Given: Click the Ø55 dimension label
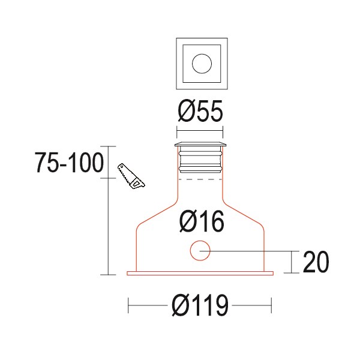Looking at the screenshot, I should click(200, 112).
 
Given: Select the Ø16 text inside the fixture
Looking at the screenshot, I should click(201, 222).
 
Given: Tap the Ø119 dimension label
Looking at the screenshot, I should click(200, 307).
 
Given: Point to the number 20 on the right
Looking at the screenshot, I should click(316, 262).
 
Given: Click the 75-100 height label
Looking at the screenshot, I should click(70, 163).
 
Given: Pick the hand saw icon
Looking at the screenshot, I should click(131, 176).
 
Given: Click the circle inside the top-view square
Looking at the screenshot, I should click(200, 62).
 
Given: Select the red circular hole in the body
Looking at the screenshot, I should click(200, 251).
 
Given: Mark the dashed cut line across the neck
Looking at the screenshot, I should click(200, 179).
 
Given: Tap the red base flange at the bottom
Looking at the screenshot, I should click(200, 274).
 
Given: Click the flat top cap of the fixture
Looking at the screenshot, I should click(200, 145).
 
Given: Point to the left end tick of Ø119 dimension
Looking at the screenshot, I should click(129, 307).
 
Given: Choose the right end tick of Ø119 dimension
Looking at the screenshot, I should click(272, 307).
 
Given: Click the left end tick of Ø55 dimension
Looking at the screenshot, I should click(178, 131).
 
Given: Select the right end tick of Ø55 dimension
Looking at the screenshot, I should click(223, 131).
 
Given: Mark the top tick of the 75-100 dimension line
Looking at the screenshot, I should click(108, 146).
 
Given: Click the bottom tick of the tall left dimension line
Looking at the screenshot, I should click(108, 275).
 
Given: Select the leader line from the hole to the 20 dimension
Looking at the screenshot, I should click(252, 251).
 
